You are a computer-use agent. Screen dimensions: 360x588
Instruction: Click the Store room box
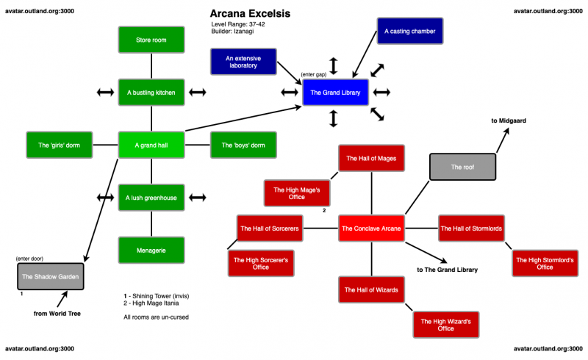click(x=151, y=40)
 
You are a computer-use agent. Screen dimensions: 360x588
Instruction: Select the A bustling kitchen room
click(x=151, y=93)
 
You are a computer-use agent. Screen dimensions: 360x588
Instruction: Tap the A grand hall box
click(x=151, y=145)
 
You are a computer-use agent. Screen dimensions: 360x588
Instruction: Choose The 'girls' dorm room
click(x=58, y=145)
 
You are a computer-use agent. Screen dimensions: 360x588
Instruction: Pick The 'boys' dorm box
click(x=243, y=145)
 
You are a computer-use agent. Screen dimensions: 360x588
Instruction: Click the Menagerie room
click(x=151, y=251)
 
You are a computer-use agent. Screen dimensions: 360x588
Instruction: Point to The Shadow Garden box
click(x=50, y=276)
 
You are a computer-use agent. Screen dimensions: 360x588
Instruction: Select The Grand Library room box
click(x=335, y=93)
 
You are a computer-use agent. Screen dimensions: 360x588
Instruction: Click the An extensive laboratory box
click(x=242, y=62)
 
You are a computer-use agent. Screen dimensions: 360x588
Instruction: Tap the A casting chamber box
click(x=410, y=32)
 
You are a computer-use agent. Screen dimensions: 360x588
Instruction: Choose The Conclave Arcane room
click(x=371, y=228)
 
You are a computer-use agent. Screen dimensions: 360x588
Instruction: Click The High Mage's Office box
click(x=297, y=193)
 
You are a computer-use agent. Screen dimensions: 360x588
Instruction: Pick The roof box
click(x=462, y=167)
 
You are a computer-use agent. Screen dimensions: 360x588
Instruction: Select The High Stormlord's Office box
click(x=545, y=263)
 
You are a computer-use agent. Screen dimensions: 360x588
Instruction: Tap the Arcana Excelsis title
click(x=250, y=14)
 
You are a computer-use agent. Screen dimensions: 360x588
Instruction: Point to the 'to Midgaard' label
click(x=509, y=120)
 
